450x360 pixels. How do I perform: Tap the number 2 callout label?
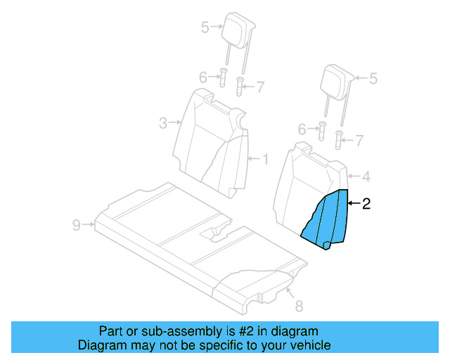[x=366, y=205]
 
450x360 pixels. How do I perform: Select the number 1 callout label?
[x=265, y=159]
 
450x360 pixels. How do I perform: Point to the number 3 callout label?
[x=162, y=124]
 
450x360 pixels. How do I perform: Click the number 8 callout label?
[x=298, y=305]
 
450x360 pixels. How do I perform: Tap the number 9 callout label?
[x=76, y=225]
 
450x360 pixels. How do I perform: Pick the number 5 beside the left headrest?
[x=205, y=27]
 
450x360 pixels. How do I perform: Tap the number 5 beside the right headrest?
[x=373, y=79]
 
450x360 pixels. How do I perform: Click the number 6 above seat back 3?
[x=203, y=77]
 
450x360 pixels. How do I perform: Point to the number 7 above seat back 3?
[x=260, y=87]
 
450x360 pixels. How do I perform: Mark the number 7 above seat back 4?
[x=359, y=141]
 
